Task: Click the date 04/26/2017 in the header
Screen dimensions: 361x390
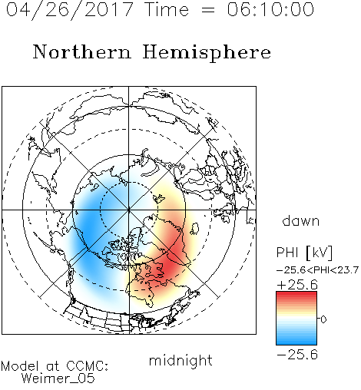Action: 70,10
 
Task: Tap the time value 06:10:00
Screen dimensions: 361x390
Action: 270,9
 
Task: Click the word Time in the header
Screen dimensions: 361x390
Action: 167,9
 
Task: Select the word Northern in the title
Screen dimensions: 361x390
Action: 82,51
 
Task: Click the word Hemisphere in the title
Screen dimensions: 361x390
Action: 207,53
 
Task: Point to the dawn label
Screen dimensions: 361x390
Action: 301,220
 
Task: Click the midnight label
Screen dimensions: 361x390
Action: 180,360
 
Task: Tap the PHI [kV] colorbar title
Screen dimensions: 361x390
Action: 304,253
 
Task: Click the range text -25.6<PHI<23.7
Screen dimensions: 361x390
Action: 318,270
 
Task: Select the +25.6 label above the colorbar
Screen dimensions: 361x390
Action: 297,285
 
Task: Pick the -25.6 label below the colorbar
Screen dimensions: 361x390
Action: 297,355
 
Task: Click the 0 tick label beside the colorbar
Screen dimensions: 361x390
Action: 323,319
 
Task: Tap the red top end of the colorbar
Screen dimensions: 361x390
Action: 296,293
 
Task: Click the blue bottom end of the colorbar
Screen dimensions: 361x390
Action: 296,342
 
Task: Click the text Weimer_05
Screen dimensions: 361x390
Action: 58,378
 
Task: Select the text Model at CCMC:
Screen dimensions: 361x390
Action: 55,366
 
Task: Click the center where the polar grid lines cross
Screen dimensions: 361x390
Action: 129,210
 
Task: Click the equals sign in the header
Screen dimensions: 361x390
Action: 207,10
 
